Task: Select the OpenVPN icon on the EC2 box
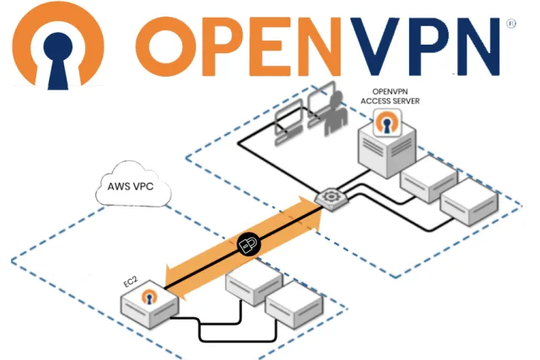(151, 297)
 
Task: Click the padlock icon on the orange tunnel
(248, 244)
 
